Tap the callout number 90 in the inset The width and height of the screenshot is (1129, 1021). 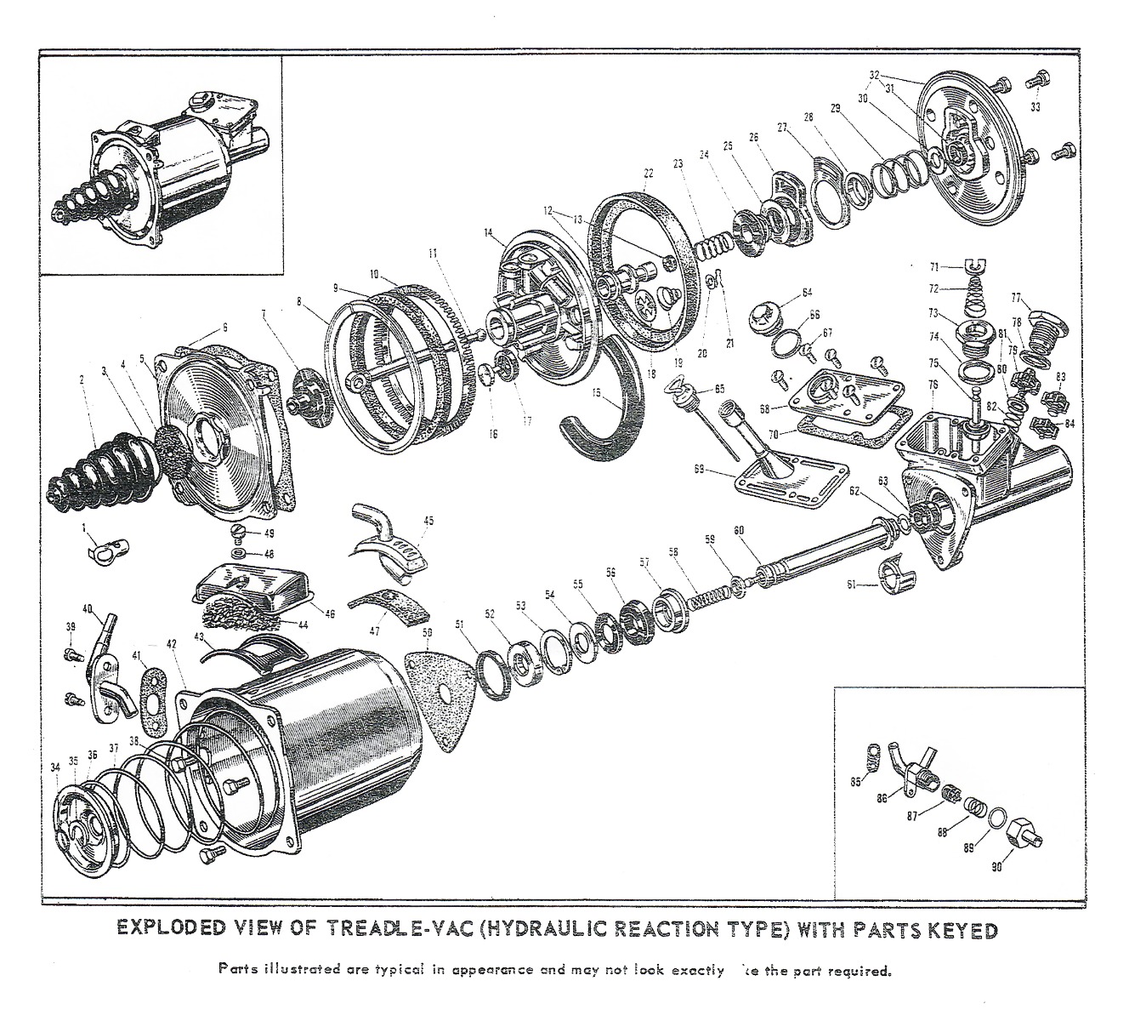coord(996,868)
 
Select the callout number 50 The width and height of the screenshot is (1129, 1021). coord(426,632)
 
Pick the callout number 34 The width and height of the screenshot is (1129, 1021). coord(55,767)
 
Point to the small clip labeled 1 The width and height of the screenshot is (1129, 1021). coord(106,550)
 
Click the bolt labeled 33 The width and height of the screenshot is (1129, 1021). coord(1035,82)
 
